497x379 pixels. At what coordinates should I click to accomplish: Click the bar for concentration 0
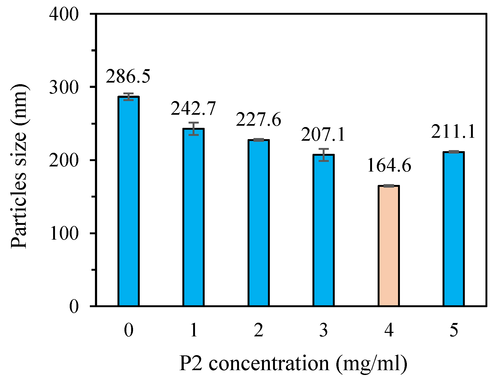click(128, 201)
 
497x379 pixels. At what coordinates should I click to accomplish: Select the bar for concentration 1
click(193, 217)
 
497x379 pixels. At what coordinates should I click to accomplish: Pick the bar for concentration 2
click(259, 222)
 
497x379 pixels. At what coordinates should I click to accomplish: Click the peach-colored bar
click(389, 246)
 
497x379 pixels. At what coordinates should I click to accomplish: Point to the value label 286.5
click(128, 76)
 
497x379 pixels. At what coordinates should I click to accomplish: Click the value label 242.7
click(193, 109)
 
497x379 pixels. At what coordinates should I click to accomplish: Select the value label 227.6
click(258, 120)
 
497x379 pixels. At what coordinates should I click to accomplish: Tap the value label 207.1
click(323, 134)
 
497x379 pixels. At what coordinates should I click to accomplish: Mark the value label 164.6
click(389, 165)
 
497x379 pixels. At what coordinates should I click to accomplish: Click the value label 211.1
click(453, 132)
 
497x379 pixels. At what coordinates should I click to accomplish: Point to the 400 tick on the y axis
click(64, 14)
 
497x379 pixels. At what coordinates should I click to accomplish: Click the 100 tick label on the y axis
click(64, 233)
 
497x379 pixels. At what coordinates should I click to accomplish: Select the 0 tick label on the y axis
click(74, 306)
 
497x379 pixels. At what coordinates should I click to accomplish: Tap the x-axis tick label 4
click(389, 330)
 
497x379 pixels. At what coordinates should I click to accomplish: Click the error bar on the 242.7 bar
click(193, 129)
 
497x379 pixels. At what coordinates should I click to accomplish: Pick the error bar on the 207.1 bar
click(323, 155)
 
